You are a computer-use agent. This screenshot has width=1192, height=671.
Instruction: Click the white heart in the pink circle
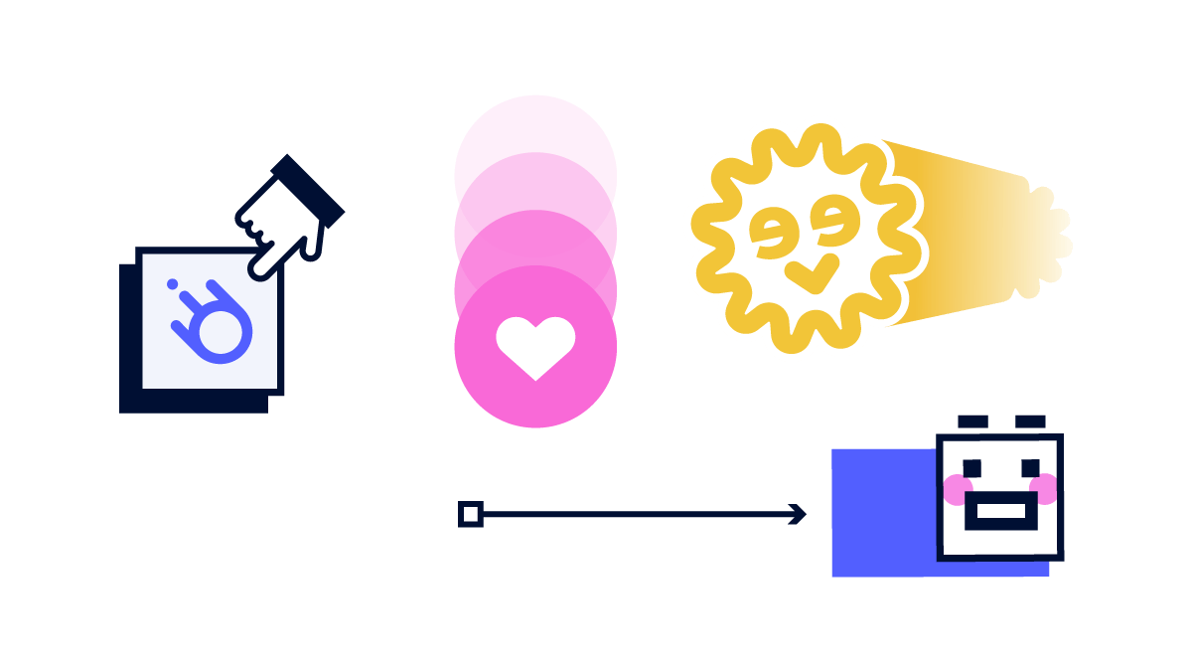[x=535, y=347]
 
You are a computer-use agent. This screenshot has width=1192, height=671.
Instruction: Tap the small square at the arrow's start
[x=471, y=514]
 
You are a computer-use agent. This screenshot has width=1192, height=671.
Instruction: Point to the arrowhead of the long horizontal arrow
[x=798, y=514]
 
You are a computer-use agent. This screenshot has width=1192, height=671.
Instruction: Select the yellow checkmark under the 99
[x=813, y=273]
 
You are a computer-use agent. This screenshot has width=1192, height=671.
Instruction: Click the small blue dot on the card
[x=173, y=284]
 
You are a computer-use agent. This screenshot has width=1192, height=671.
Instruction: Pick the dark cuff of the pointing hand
[x=308, y=191]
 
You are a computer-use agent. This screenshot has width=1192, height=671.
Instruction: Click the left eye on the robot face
[x=971, y=468]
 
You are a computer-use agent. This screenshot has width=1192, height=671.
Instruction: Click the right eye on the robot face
[x=1030, y=468]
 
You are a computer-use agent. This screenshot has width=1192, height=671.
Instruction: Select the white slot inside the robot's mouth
[x=1001, y=511]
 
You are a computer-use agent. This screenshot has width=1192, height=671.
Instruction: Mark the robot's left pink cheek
[x=958, y=489]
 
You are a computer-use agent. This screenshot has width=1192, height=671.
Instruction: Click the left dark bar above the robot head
[x=972, y=421]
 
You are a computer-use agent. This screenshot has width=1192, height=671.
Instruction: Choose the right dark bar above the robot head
[x=1030, y=421]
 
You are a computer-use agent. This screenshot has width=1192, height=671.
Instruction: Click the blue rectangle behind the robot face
[x=883, y=512]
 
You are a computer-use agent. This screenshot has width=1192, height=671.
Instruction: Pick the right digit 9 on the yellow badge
[x=833, y=221]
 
